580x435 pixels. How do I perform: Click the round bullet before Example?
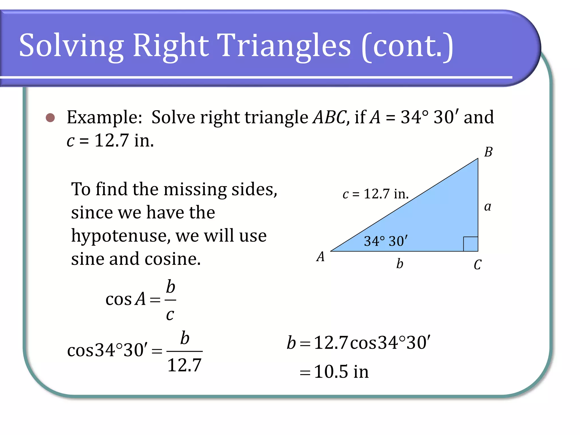(50, 118)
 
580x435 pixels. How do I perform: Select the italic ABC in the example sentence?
(329, 117)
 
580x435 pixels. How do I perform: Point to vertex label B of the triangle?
(488, 152)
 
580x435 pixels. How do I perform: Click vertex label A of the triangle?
(321, 257)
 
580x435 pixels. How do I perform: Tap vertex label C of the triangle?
(477, 265)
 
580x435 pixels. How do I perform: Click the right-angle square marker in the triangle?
(471, 244)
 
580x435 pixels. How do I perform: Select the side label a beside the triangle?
(487, 206)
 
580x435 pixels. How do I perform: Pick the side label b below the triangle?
(400, 263)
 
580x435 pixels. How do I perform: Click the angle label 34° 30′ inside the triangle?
(386, 241)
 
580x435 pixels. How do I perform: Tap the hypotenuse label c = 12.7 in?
(376, 194)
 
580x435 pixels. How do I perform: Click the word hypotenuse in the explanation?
(119, 236)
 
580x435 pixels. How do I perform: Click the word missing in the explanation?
(195, 189)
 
